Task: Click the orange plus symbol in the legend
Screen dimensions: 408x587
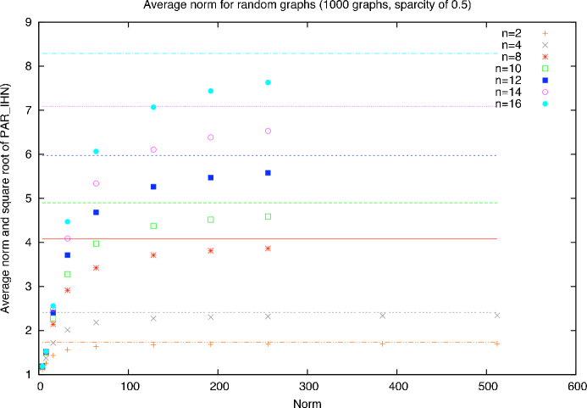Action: [545, 33]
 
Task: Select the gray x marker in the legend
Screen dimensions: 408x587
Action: [545, 45]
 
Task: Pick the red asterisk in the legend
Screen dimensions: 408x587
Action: [545, 57]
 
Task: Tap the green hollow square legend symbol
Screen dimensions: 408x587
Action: [545, 69]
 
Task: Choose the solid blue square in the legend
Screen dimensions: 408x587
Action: [545, 81]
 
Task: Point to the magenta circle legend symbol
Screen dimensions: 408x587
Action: [545, 92]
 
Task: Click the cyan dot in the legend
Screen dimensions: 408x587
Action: [545, 104]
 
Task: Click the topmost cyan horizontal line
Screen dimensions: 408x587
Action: [339, 53]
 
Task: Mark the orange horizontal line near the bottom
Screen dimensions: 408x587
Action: [322, 342]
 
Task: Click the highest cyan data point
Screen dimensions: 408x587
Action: [268, 82]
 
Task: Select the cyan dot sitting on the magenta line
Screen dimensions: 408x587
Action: [153, 107]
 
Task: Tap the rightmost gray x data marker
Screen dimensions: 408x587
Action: [497, 316]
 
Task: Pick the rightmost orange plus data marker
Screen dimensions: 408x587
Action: [497, 344]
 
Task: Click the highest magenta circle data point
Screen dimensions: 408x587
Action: [268, 131]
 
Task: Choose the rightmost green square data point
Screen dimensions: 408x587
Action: [268, 216]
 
